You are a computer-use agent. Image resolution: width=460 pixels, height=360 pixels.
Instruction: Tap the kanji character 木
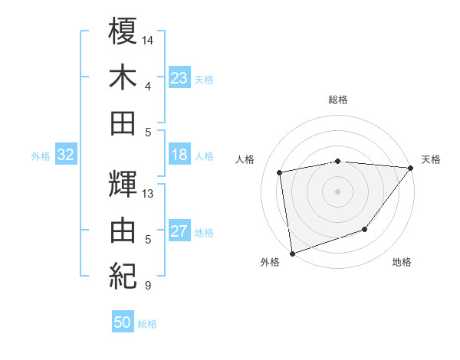(x=123, y=78)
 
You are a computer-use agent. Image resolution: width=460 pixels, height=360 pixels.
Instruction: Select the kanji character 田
(x=123, y=123)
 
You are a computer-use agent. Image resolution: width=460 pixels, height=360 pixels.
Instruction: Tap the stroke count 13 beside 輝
(x=149, y=193)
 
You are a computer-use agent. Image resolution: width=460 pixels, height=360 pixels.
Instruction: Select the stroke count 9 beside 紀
(x=147, y=286)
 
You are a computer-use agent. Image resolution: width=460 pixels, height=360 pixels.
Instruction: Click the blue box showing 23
(x=179, y=78)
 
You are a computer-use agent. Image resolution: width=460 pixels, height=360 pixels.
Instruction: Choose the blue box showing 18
(x=179, y=155)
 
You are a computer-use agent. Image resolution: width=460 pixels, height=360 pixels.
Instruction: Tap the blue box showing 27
(x=179, y=232)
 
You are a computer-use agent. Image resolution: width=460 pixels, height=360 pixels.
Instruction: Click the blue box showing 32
(x=66, y=155)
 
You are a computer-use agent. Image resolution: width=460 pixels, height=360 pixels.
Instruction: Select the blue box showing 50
(x=123, y=322)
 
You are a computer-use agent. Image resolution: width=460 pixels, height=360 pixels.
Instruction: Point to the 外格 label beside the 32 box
(x=41, y=156)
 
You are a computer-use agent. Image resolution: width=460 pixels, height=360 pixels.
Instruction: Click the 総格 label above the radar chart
(x=338, y=100)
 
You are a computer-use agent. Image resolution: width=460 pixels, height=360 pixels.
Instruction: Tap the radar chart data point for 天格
(x=411, y=168)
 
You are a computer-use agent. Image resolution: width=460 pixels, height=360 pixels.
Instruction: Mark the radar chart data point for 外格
(x=292, y=253)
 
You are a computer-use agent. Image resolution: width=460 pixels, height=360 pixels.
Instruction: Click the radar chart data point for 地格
(x=366, y=229)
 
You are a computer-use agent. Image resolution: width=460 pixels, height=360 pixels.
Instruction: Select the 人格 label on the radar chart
(x=245, y=159)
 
